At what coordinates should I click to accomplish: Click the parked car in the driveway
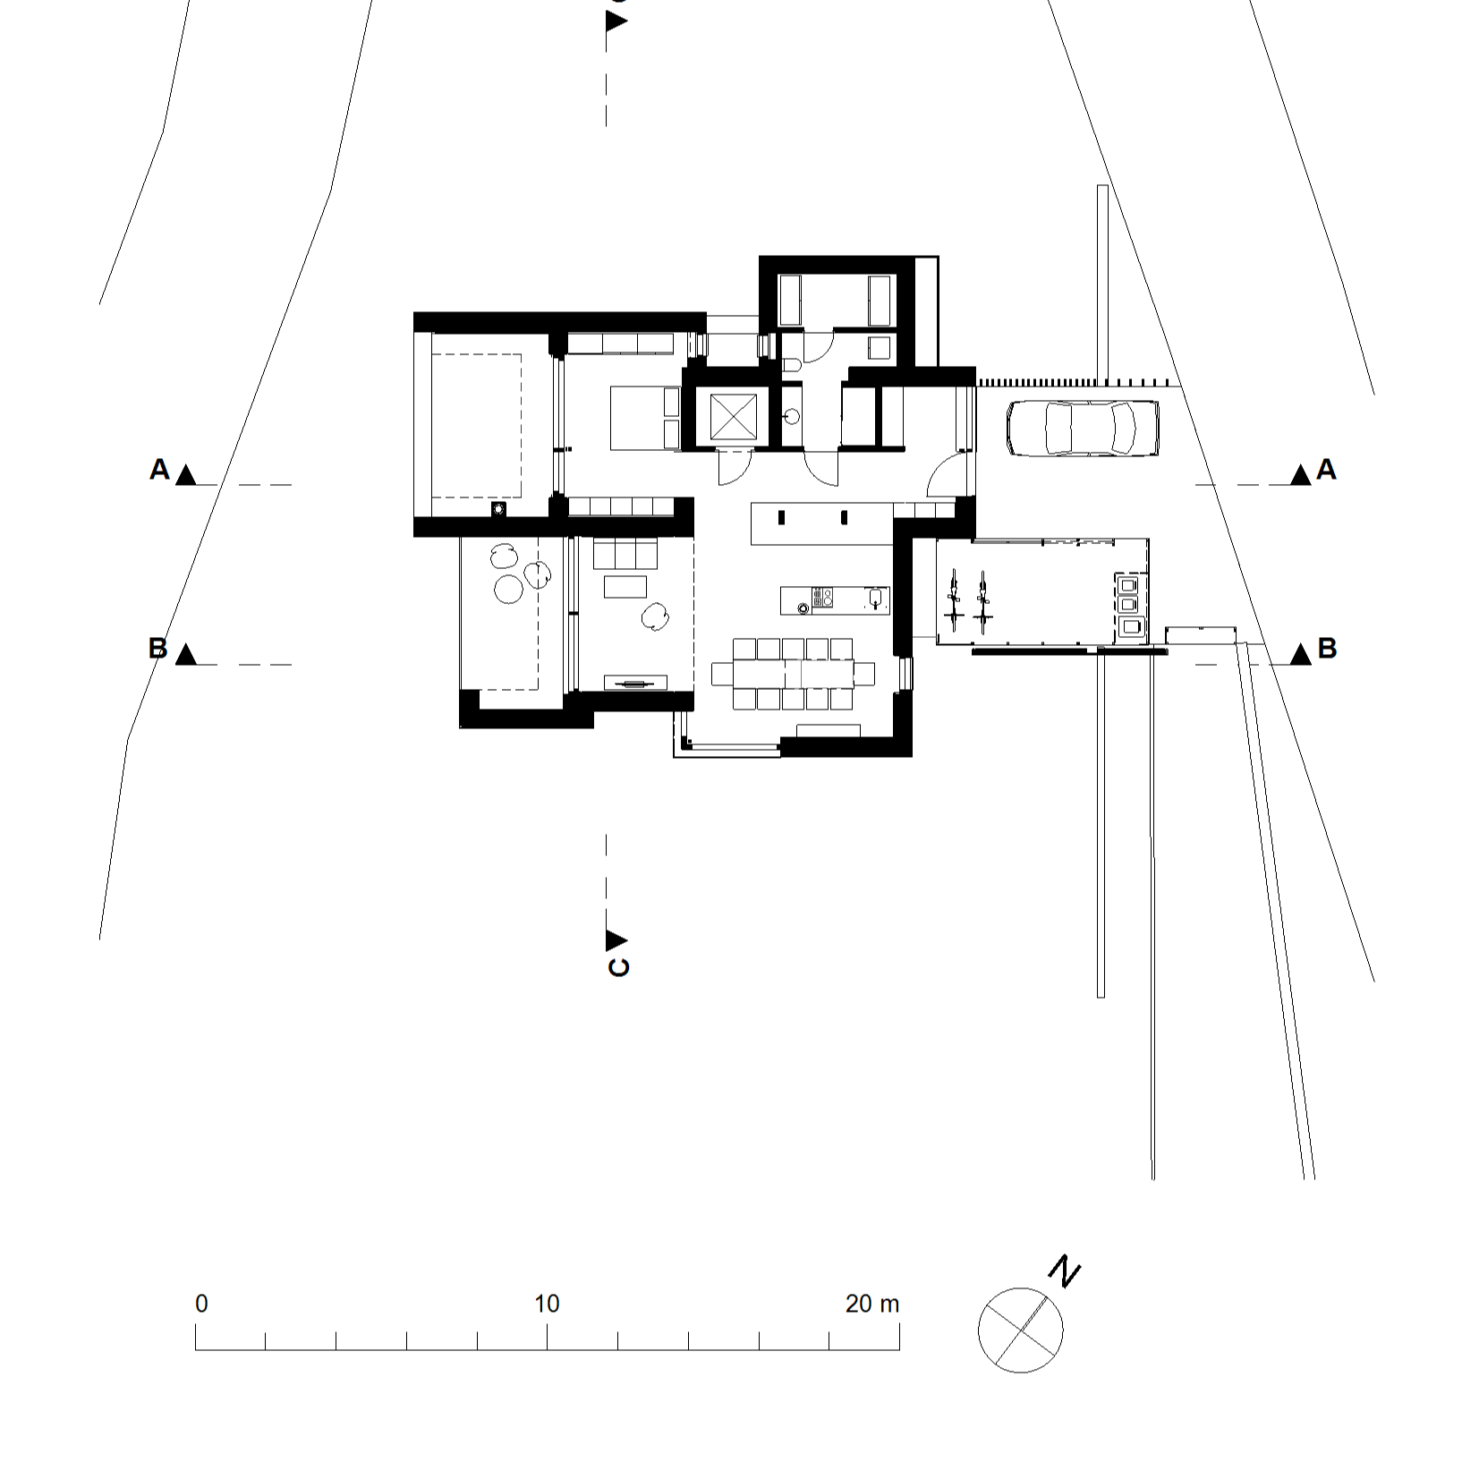point(1083,428)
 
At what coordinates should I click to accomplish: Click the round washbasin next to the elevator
point(790,416)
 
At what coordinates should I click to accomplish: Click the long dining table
point(793,672)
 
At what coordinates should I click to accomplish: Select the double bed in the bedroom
point(645,417)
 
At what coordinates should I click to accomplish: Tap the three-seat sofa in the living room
point(625,553)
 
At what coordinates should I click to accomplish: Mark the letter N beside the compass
point(1065,1271)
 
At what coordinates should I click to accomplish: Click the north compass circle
point(1020,1329)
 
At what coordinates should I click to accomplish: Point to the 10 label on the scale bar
point(547,1304)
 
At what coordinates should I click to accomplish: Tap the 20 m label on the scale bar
point(871,1304)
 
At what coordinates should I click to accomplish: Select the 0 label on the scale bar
point(201,1304)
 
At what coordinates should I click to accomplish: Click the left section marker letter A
point(159,469)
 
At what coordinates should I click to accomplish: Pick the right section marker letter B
point(1327,649)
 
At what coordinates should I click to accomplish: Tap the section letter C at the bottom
point(618,967)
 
